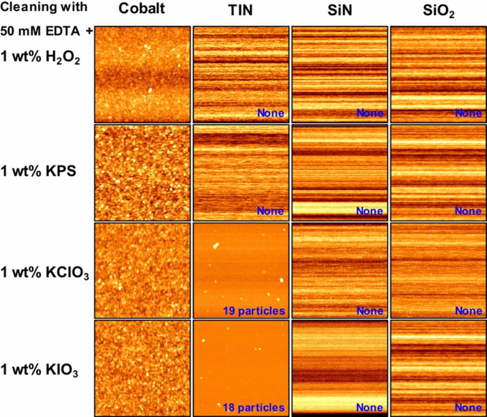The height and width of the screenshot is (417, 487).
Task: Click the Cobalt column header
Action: point(142,8)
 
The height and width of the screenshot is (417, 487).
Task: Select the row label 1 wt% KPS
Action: point(38,171)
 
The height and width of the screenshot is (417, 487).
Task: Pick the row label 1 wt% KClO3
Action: point(45,273)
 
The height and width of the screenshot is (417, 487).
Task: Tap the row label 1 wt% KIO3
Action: point(39,371)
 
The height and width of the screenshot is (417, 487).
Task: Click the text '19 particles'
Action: point(254,311)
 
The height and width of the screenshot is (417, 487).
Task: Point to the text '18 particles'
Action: point(253,407)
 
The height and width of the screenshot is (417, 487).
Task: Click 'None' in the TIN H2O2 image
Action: point(271,113)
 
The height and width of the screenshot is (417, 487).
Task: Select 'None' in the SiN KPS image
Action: point(369,211)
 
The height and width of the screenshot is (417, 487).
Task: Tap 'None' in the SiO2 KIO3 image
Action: point(468,407)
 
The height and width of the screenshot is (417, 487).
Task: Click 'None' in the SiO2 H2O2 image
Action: point(468,113)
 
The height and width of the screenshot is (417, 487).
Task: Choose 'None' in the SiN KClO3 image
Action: point(369,311)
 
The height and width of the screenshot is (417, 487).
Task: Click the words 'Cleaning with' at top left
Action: point(44,7)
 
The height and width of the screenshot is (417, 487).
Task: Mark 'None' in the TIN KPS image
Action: point(271,211)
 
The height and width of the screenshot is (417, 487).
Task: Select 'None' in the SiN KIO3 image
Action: point(369,407)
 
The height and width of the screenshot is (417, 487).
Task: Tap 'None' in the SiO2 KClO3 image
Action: point(468,311)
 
